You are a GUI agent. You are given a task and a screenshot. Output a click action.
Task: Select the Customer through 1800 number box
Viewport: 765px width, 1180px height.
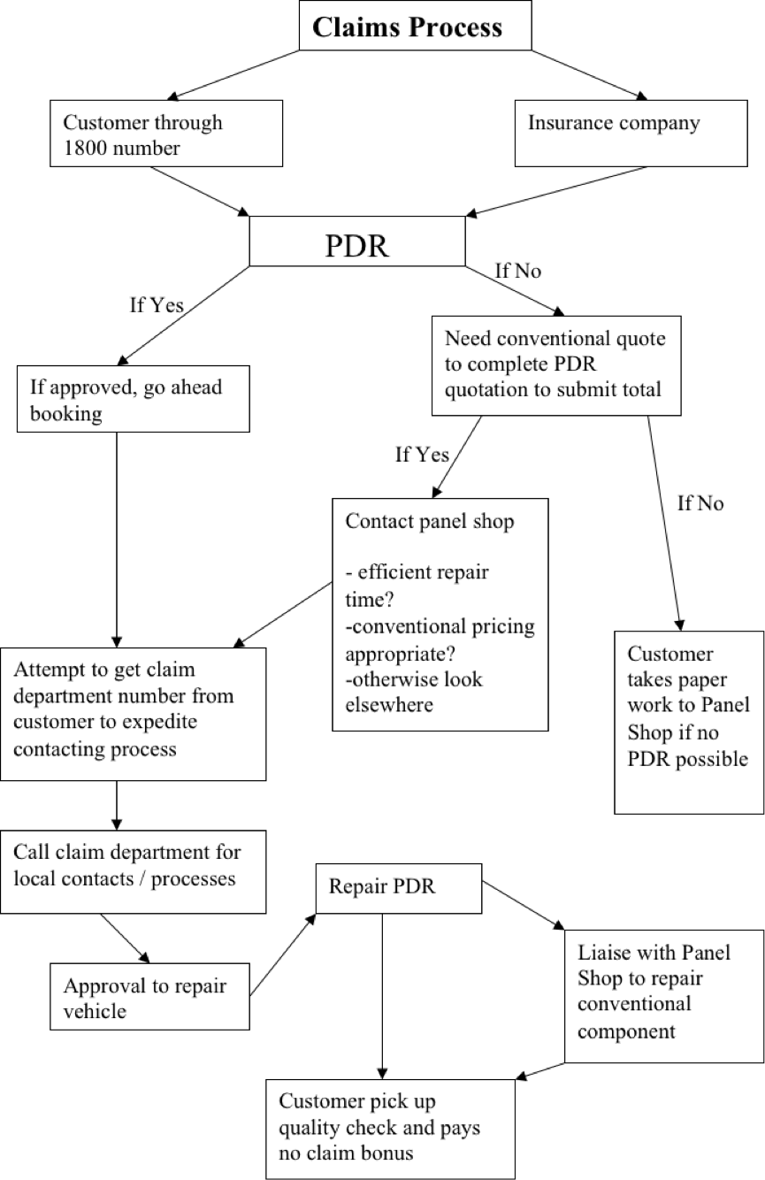166,134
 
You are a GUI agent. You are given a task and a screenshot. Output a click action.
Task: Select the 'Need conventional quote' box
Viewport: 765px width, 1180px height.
555,364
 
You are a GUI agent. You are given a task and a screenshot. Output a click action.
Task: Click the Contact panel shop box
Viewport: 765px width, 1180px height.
440,614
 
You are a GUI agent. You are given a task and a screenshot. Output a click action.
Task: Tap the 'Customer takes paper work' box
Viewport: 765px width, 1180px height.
689,720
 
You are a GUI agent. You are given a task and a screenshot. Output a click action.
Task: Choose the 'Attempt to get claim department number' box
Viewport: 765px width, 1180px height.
133,714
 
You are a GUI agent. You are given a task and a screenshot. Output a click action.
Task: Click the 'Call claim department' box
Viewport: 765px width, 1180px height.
133,870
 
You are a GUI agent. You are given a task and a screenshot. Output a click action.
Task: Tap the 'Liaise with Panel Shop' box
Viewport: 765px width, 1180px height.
664,995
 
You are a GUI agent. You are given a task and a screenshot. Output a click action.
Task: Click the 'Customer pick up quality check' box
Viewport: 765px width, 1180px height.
390,1127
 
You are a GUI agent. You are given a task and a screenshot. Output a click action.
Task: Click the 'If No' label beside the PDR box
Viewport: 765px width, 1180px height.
517,271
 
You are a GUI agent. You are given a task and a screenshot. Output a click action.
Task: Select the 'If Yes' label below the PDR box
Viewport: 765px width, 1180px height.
157,306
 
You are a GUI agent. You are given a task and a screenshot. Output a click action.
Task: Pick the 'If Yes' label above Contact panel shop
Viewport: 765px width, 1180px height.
421,456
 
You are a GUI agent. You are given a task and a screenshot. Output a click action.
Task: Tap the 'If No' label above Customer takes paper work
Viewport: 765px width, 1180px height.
700,503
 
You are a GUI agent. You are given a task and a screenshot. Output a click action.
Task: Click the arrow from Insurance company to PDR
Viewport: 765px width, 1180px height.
557,190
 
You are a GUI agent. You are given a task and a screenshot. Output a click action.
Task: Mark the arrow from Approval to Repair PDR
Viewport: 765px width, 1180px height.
283,954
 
